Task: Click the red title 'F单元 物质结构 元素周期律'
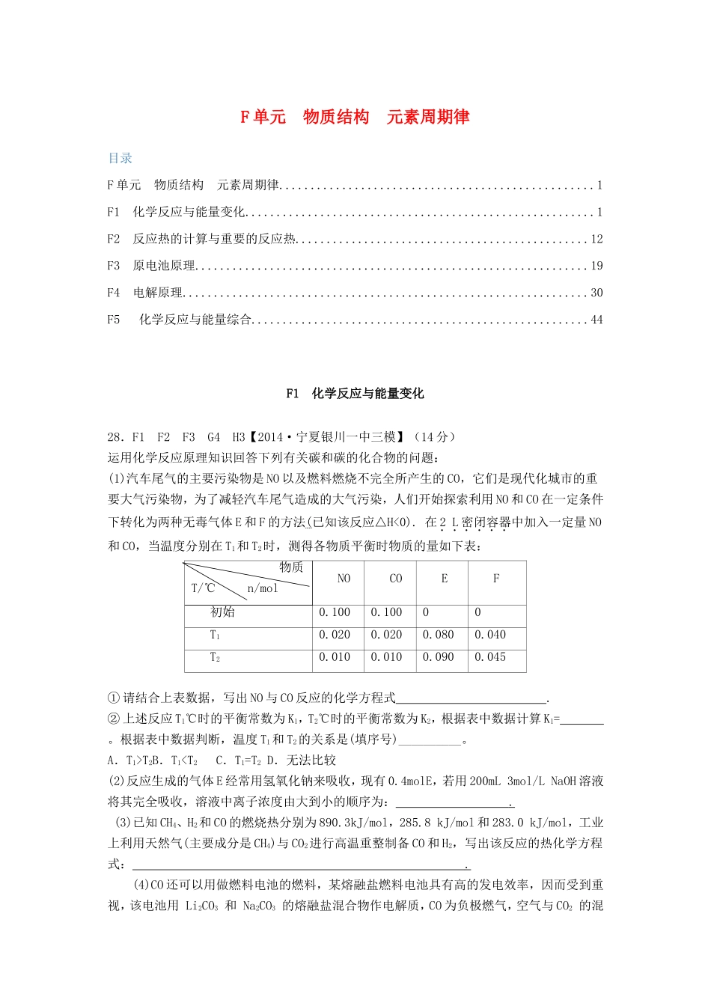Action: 355,117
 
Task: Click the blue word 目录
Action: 120,158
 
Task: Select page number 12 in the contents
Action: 596,240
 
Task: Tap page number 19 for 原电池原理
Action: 596,266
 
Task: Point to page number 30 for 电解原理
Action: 596,293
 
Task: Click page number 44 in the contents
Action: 596,320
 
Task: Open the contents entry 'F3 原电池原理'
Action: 151,266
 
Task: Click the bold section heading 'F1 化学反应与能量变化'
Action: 355,394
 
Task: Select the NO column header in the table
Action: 344,579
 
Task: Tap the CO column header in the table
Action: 396,579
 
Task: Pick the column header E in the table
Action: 445,579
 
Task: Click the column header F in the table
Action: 495,579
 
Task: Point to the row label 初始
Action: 223,612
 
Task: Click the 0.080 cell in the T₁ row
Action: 438,635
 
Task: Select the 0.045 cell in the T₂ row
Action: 490,657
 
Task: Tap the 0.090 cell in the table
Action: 438,657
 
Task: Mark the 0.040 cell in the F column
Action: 490,635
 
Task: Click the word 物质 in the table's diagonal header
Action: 292,567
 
